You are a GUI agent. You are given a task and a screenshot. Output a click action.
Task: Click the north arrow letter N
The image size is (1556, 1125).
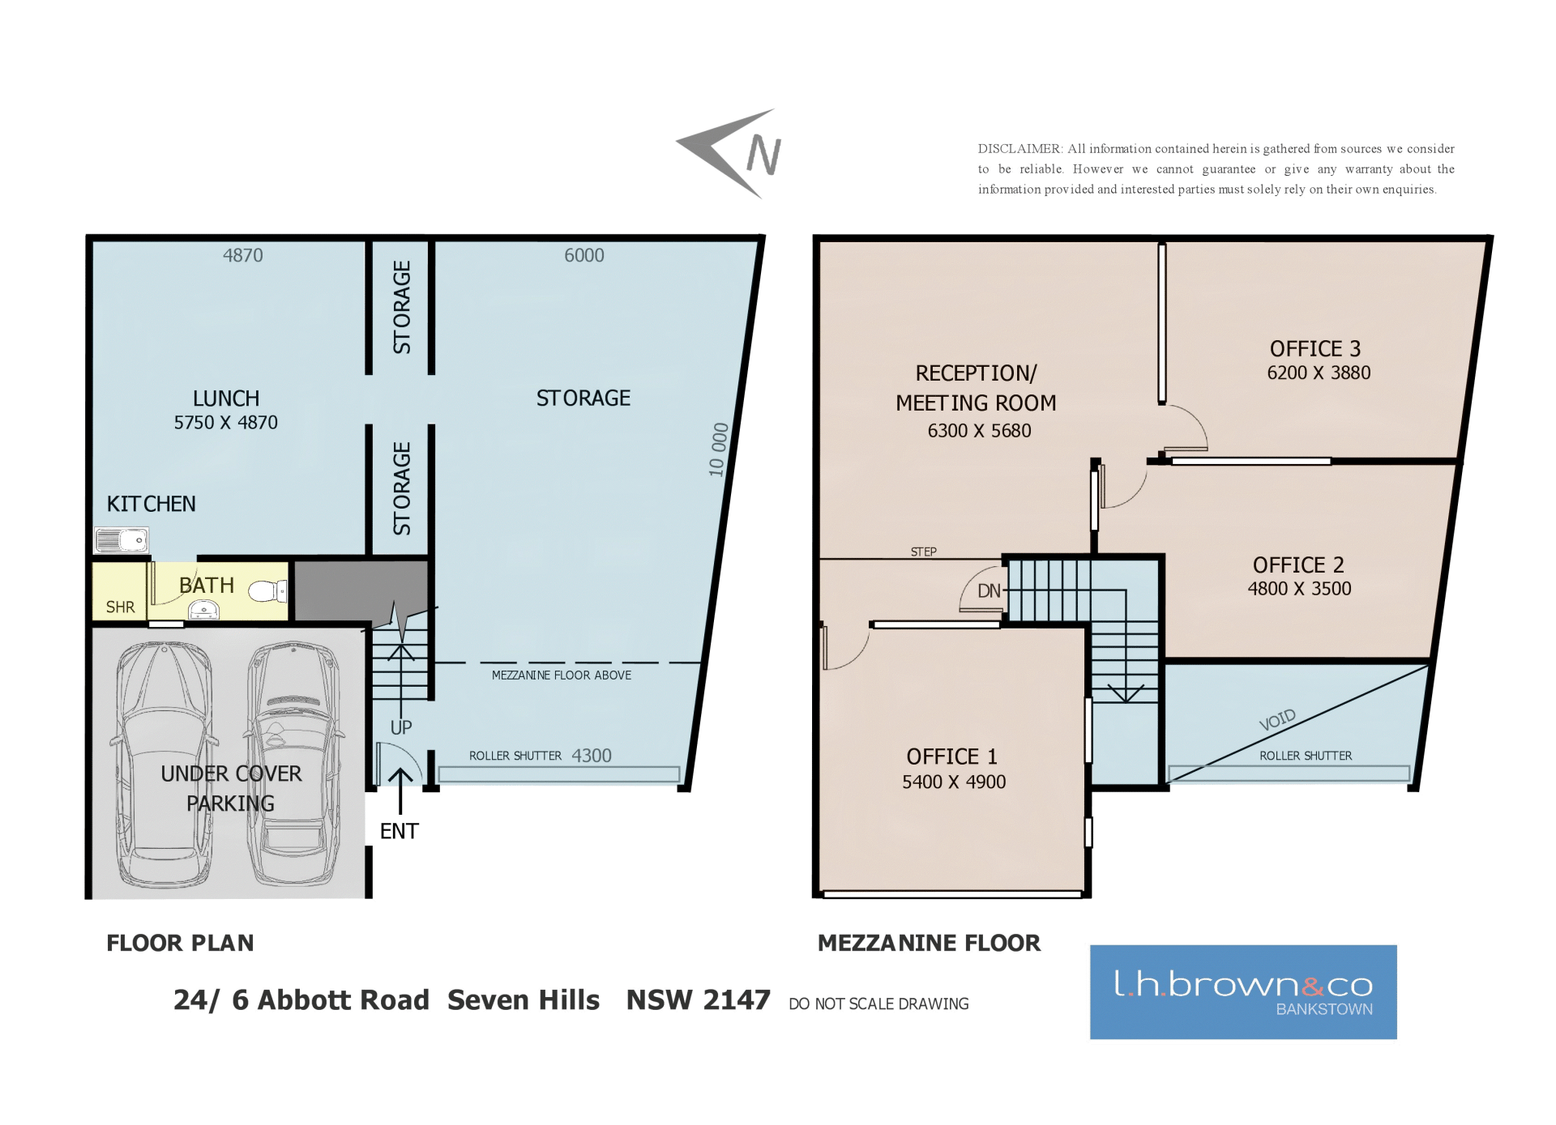763,155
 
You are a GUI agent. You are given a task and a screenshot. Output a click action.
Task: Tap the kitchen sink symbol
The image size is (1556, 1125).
122,539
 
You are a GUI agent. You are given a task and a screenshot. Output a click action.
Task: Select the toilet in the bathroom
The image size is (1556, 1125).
267,591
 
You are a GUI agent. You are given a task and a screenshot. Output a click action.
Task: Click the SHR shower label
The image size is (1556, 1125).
120,607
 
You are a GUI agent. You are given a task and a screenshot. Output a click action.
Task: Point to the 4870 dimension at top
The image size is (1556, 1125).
243,255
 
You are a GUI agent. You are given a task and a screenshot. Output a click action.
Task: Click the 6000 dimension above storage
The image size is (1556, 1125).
584,255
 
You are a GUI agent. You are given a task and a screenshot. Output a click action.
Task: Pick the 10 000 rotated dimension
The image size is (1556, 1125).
718,450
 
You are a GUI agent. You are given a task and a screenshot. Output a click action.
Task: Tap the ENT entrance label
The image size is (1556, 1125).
400,831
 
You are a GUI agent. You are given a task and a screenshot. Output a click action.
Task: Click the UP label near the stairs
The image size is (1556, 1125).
401,727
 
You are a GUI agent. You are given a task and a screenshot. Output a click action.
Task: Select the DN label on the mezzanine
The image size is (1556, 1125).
990,591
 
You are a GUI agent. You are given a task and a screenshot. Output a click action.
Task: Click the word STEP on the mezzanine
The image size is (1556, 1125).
924,552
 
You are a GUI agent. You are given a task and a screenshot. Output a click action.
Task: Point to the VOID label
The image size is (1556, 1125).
1278,720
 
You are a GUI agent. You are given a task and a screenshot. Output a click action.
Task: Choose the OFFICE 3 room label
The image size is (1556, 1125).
1315,348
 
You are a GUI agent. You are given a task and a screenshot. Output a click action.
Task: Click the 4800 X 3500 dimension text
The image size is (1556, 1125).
1300,589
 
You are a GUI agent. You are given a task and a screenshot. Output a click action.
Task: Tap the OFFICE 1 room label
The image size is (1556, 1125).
952,756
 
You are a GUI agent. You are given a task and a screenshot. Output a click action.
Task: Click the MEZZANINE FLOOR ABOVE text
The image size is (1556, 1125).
562,675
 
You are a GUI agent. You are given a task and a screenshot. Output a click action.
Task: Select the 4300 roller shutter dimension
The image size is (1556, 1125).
592,756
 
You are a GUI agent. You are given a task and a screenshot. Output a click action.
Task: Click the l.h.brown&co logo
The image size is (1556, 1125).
1243,992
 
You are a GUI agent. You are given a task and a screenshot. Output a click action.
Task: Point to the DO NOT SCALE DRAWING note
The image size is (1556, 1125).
878,1004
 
